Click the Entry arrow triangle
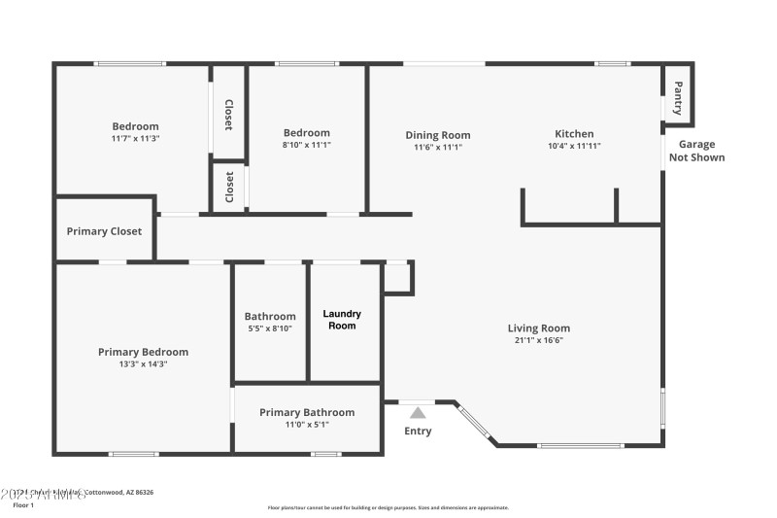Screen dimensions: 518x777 coord(418,412)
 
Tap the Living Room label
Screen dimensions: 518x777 coord(538,328)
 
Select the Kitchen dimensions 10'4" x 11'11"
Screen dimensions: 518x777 coord(574,147)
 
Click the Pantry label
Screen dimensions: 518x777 coord(678,98)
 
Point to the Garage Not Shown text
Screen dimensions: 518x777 coord(696,150)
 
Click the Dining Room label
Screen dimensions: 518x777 coord(437,135)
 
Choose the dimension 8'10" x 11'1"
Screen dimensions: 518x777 coord(307,146)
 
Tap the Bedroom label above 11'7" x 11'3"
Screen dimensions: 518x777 coord(135,126)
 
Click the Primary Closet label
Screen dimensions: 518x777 coord(104,231)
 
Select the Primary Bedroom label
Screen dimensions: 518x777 coord(143,352)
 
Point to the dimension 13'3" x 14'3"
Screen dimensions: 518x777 coord(143,364)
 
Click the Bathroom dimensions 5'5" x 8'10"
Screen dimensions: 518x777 coord(270,328)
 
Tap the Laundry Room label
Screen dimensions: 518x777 coord(342,320)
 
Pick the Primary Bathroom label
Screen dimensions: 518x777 coord(307,412)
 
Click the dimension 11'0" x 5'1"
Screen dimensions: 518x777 coord(307,425)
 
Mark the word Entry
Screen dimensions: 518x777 coord(418,432)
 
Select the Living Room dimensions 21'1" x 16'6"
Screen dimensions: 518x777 coord(538,341)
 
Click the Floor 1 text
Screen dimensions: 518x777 coord(22,505)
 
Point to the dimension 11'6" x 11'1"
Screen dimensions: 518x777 coord(437,148)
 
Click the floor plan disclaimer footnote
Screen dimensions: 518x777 coord(388,507)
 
